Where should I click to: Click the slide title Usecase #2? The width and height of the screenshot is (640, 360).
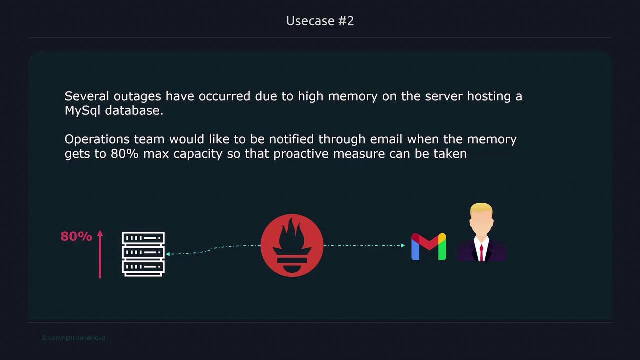coord(320,21)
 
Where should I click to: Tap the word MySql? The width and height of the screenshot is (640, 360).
coord(83,111)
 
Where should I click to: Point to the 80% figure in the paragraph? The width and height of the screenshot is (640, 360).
coord(124,154)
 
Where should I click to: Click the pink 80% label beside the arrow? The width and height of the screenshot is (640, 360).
coord(76,236)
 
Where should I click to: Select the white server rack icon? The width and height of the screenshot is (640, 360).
coord(143,254)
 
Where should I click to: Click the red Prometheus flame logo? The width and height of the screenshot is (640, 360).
coord(292,245)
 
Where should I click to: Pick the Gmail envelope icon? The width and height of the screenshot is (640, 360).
coord(428,247)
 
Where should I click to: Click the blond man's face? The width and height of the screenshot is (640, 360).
coord(481,224)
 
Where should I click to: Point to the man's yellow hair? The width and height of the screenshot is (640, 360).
coord(481,208)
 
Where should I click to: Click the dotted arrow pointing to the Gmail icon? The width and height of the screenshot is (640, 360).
coord(365,245)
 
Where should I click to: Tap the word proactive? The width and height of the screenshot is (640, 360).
coord(301,154)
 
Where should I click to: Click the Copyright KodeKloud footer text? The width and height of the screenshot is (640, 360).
coord(73,338)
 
